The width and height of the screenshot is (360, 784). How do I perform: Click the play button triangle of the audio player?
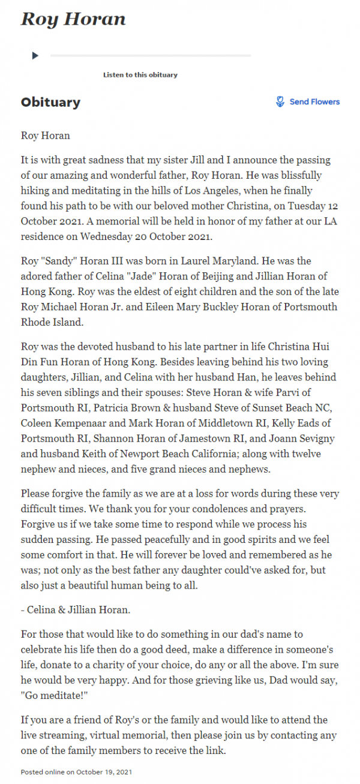pos(35,56)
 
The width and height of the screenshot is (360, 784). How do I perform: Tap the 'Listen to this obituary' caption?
pos(140,75)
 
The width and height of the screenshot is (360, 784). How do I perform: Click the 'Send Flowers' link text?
pos(314,102)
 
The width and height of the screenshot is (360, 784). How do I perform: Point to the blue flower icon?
pos(280,102)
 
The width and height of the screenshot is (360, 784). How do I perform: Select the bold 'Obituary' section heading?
pos(50,102)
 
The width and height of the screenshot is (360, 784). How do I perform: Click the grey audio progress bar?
pos(150,56)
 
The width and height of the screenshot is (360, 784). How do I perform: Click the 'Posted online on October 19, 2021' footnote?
pos(77,771)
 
